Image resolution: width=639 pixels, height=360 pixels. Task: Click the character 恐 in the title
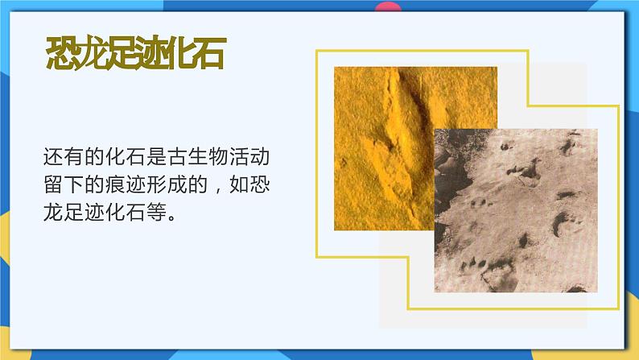click(63, 55)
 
